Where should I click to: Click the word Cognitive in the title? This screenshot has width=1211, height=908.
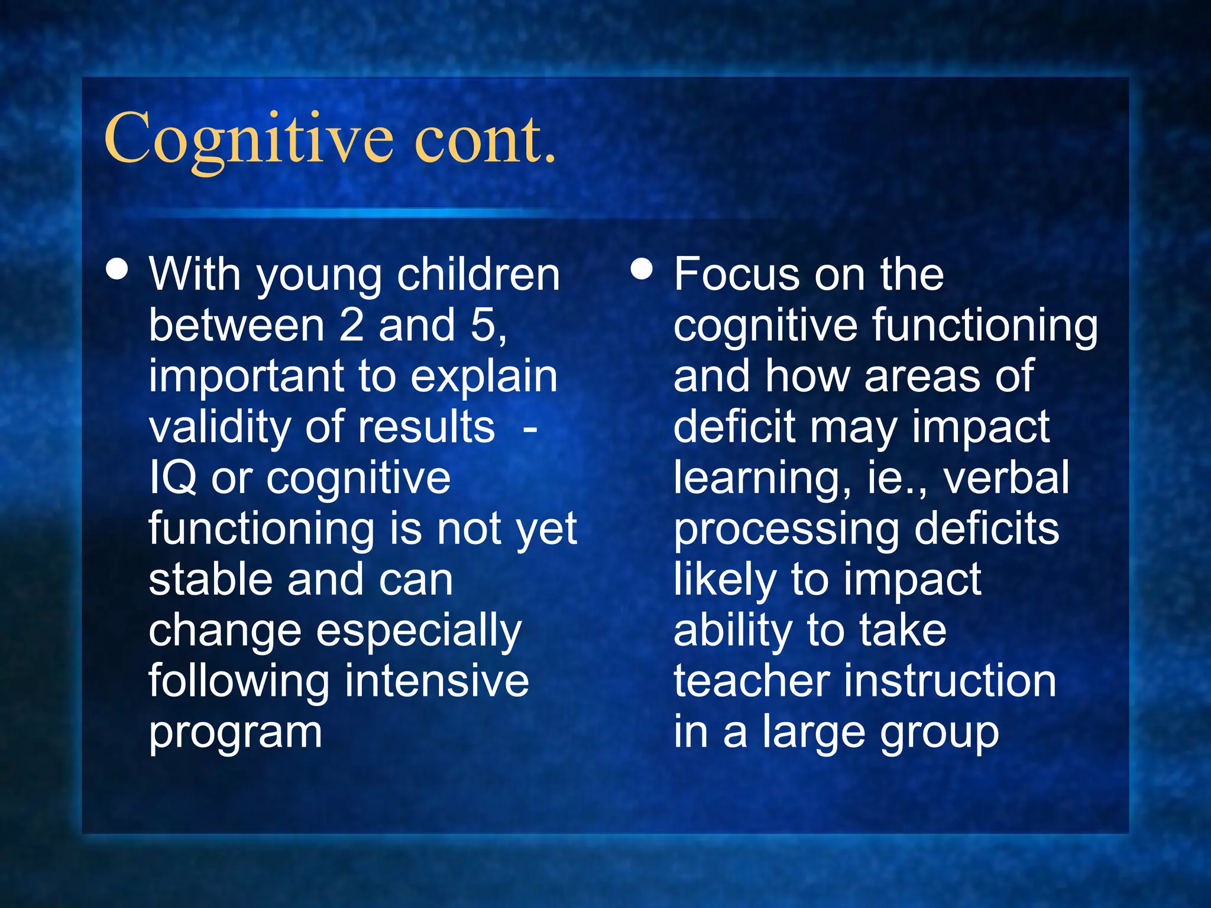tap(248, 139)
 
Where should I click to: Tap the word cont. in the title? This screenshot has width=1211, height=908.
tap(485, 139)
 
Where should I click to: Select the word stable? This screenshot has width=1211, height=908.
tap(211, 579)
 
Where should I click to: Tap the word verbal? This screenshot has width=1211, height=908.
tap(1006, 478)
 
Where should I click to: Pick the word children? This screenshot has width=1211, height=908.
tap(478, 274)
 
